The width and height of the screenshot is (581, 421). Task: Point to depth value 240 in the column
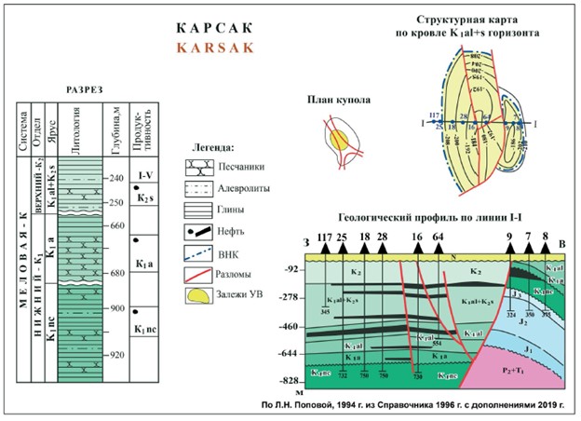(x=115, y=178)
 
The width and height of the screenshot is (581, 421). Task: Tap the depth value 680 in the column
(x=115, y=273)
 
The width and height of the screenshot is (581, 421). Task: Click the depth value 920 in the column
(x=115, y=355)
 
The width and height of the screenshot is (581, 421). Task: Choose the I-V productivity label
(x=145, y=174)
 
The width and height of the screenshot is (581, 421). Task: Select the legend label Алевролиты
(x=244, y=189)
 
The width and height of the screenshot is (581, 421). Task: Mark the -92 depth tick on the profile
(x=290, y=269)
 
